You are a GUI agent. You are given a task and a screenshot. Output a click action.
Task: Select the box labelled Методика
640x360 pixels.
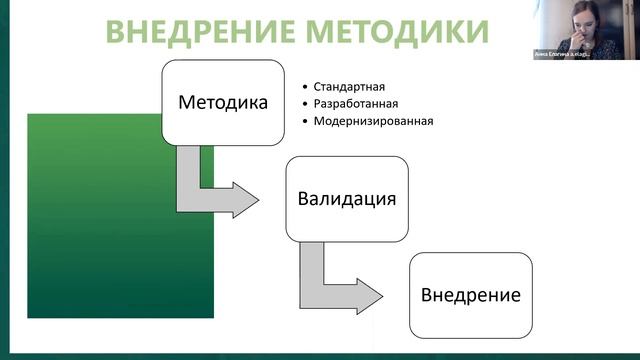click(x=223, y=103)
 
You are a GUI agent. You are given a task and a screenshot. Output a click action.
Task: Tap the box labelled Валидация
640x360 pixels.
click(x=347, y=198)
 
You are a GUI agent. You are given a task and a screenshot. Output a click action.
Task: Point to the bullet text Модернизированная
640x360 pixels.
click(x=373, y=122)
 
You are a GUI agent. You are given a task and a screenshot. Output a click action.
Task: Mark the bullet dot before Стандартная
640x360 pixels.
click(x=304, y=87)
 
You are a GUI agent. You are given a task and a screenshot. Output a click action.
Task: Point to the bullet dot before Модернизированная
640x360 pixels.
click(x=304, y=122)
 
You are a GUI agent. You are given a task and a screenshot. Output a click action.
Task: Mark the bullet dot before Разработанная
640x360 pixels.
click(x=304, y=104)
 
